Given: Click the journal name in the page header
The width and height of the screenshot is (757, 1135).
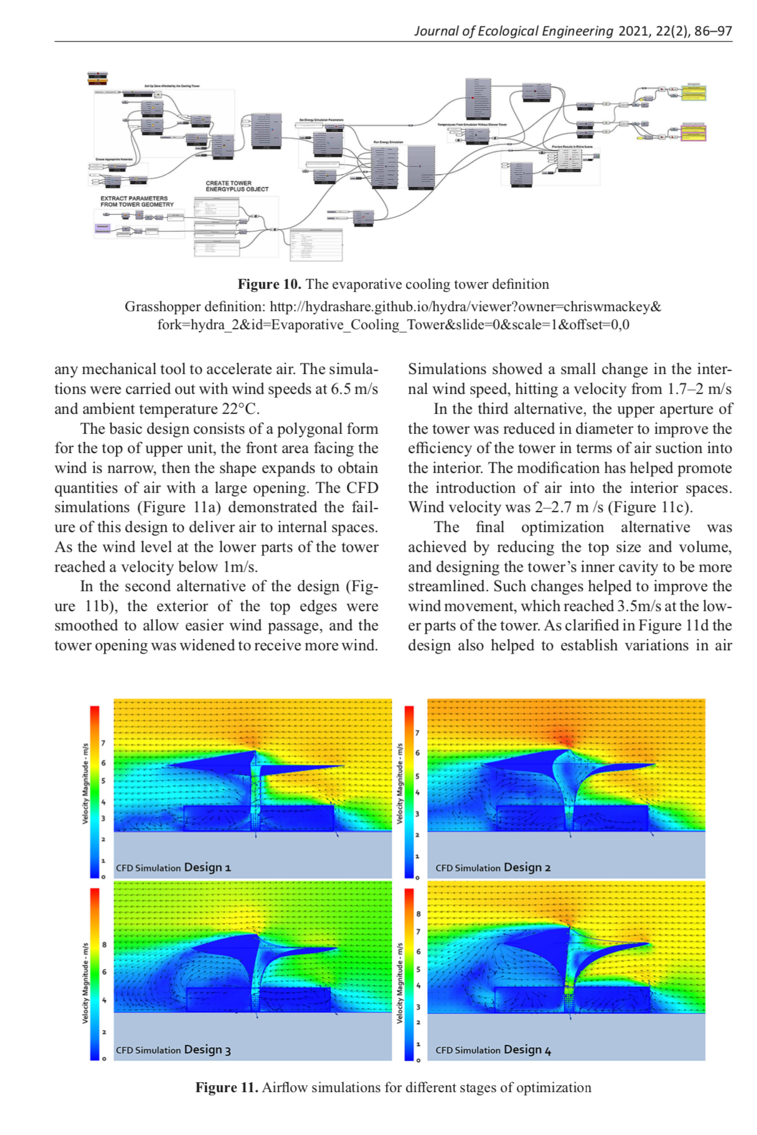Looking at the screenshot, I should point(514,31).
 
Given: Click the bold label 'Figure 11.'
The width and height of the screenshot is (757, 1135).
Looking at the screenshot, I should point(227,1087).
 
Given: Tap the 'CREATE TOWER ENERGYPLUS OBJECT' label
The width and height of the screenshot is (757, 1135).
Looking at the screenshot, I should point(237,186).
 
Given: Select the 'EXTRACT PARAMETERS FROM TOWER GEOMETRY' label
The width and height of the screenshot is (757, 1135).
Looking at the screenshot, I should point(136,201).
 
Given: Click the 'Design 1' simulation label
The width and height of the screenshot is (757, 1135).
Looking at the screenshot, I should point(207,867).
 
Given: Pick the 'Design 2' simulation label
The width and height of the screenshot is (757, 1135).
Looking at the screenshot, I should point(527,867).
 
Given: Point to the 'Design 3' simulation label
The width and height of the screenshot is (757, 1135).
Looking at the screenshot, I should point(207,1049).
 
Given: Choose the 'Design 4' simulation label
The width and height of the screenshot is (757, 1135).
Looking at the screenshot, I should point(527,1049).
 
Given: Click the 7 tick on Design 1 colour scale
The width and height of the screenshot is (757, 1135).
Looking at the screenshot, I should point(103,743).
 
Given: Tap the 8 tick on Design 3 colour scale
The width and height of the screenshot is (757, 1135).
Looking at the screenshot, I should point(104,944).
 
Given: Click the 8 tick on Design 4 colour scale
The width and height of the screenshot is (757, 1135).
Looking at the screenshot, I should point(418,913).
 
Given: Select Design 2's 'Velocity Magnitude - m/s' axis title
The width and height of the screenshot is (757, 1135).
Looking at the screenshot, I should point(400,783).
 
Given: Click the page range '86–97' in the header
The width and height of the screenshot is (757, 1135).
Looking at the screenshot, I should point(713,31).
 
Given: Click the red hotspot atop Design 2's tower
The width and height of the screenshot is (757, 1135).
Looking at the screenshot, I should point(565,740).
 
